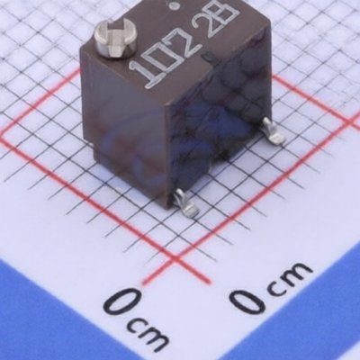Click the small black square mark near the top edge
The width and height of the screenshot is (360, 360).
[x=207, y=56]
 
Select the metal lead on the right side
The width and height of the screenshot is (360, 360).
[x=273, y=131]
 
